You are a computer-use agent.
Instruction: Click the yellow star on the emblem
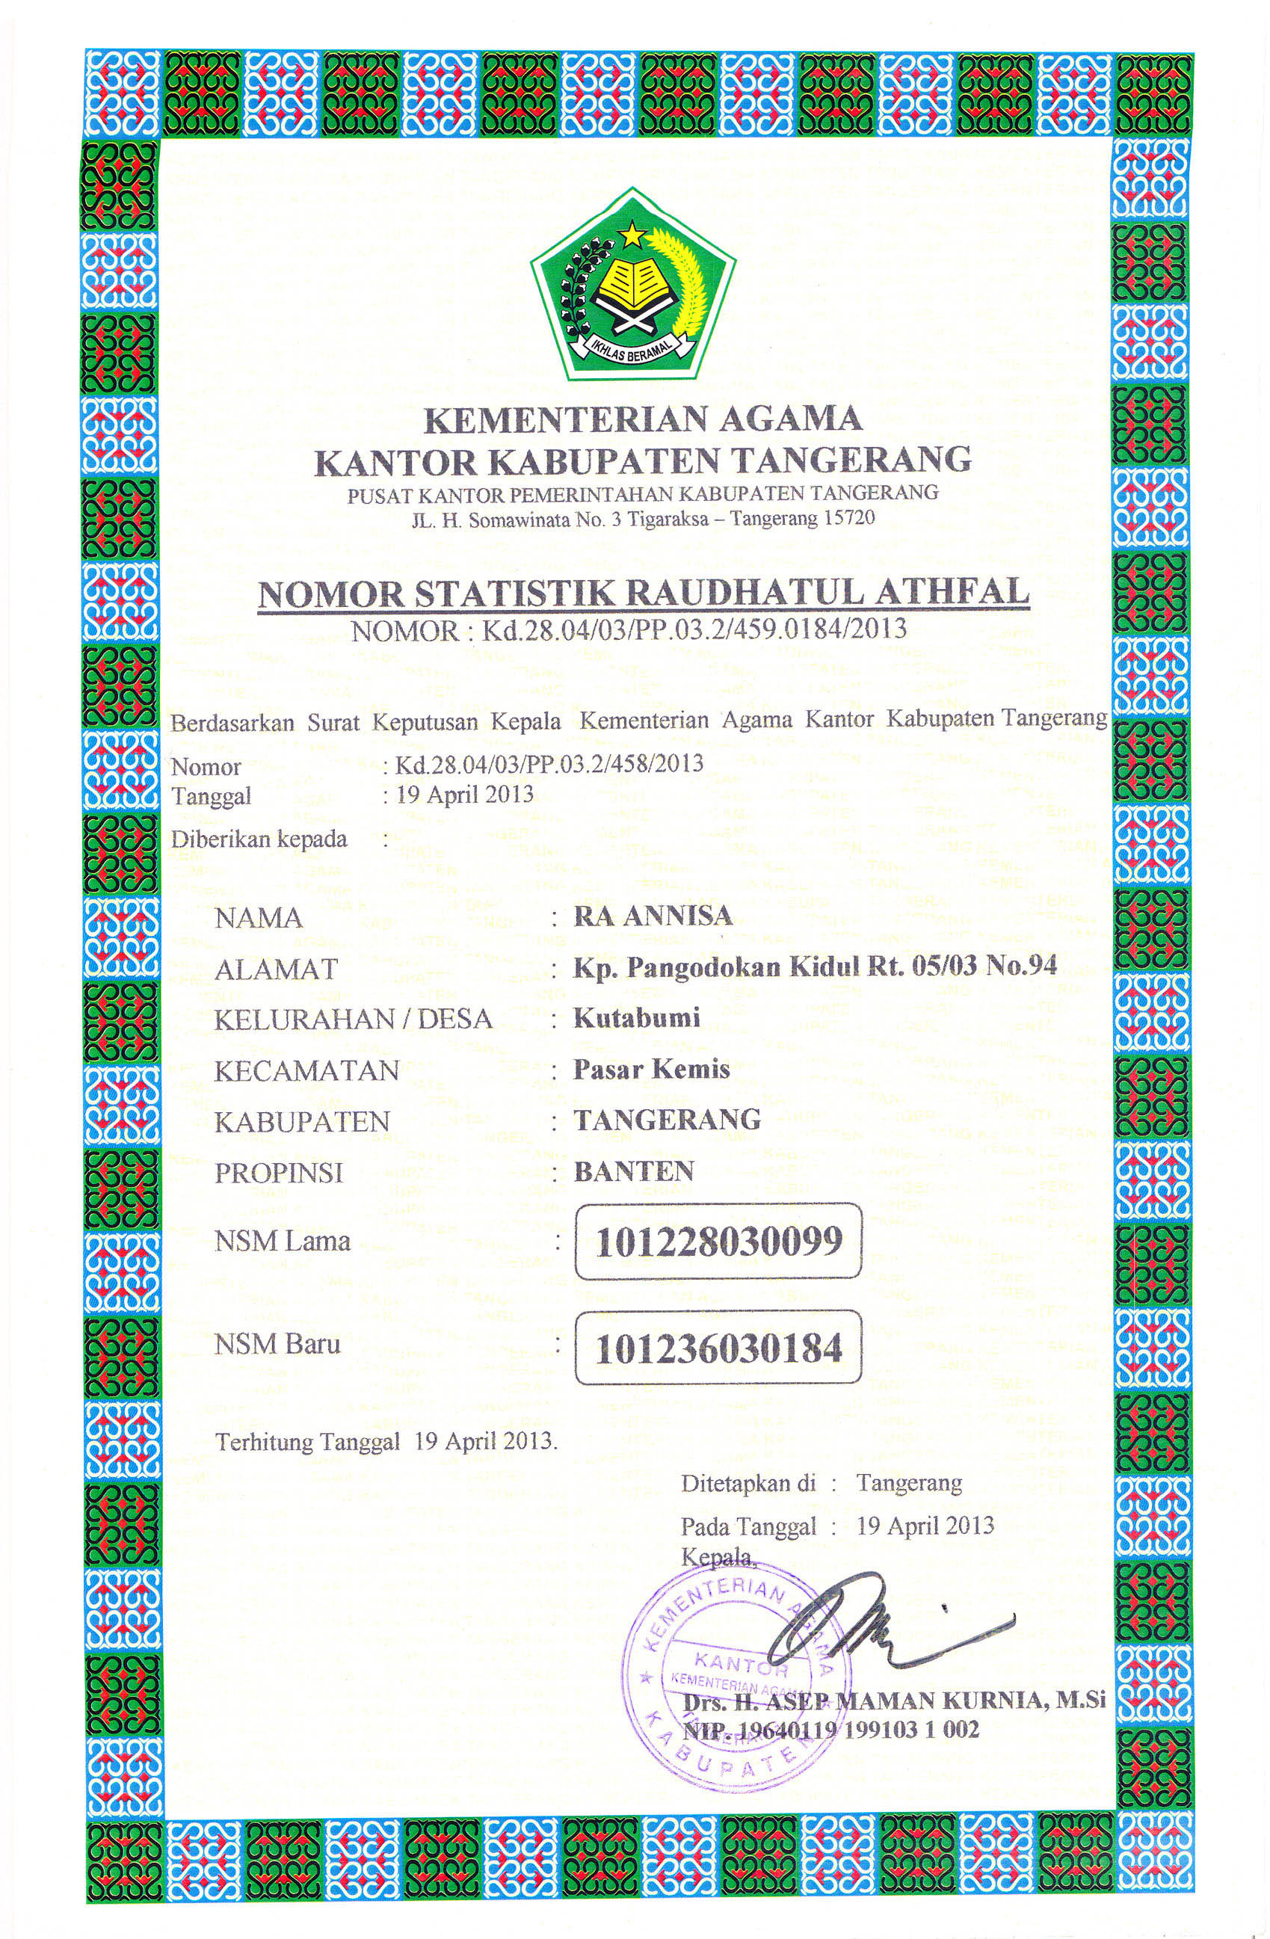coord(632,235)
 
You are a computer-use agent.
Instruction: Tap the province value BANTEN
coord(634,1171)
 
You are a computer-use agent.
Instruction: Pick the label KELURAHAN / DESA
coord(353,1019)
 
